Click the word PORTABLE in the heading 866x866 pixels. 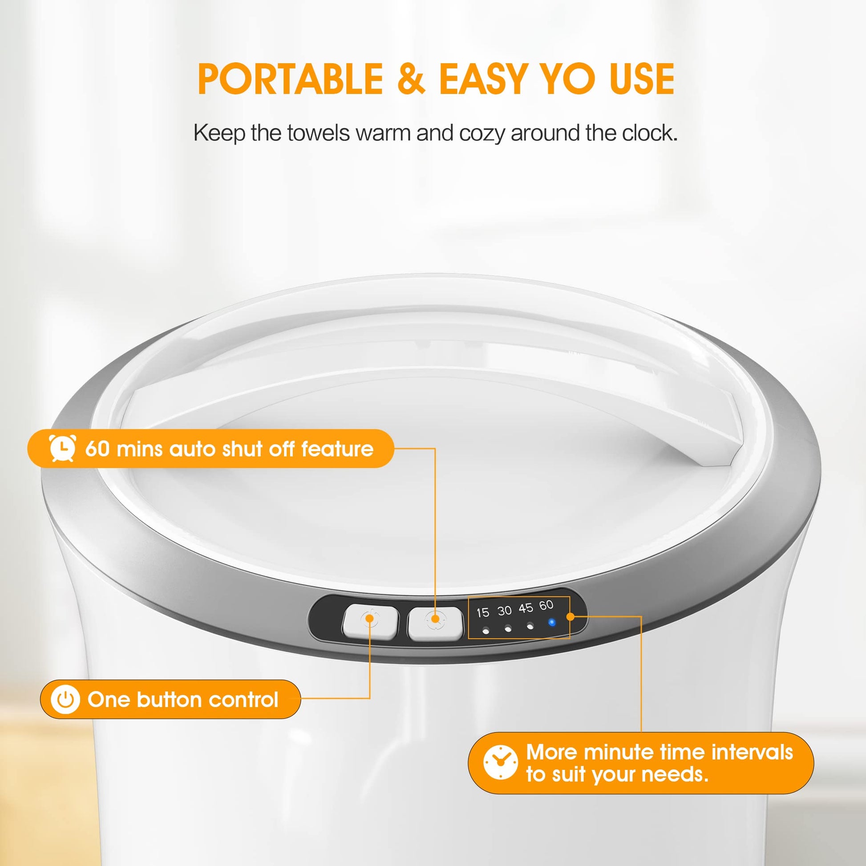[290, 79]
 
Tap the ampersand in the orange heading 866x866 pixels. [411, 79]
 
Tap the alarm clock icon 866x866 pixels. [62, 448]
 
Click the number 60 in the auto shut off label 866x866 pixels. [97, 448]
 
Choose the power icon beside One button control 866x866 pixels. [65, 699]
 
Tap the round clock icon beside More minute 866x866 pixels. [501, 762]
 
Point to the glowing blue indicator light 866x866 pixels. [552, 623]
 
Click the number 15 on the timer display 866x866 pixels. [483, 612]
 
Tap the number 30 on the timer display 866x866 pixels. [504, 611]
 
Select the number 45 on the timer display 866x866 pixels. [526, 608]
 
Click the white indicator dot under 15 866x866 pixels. [486, 631]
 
